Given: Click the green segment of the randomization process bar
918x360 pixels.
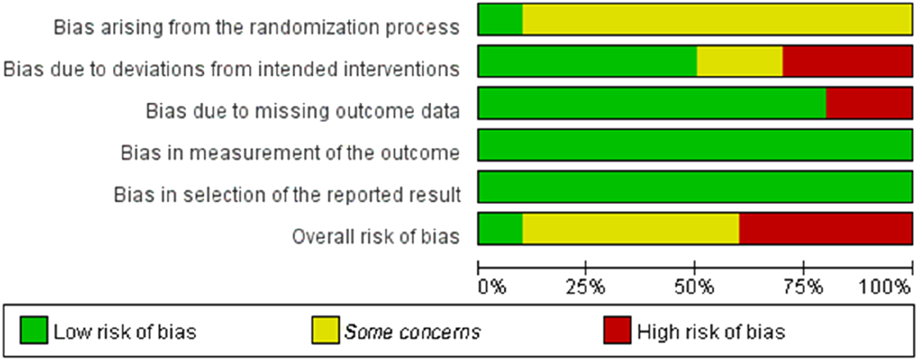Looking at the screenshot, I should pos(500,20).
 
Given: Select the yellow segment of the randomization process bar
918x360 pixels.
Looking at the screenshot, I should pos(717,20).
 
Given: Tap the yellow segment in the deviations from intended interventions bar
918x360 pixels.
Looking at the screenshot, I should pos(739,61).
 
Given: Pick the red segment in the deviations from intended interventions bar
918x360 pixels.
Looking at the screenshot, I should pos(847,61).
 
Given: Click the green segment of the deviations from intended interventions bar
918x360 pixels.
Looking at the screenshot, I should pos(587,61).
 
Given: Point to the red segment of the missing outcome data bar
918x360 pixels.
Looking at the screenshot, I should pos(869,103).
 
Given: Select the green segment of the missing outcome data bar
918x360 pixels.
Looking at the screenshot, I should pos(652,103).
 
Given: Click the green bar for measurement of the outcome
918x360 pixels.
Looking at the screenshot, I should pos(695,145).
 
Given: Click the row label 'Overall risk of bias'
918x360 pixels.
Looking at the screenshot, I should pos(375,236).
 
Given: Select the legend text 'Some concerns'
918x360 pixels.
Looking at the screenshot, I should pos(412,331).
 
